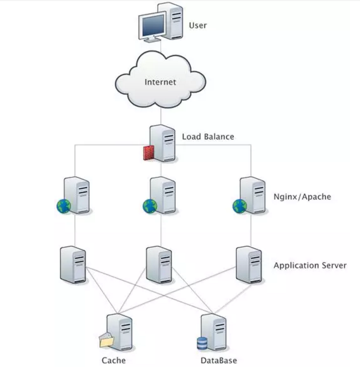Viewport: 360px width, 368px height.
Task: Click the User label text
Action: [197, 25]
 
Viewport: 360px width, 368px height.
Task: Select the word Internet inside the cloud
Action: [160, 82]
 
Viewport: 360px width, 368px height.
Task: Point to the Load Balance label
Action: [208, 137]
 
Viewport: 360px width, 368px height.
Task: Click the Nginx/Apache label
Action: [302, 196]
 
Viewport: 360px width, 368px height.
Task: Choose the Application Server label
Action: [310, 266]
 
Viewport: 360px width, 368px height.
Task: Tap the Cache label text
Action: [114, 360]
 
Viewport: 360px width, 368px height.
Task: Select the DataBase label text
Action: [219, 360]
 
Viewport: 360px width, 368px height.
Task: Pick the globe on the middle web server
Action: [149, 206]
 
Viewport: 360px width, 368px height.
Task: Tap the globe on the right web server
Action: [239, 206]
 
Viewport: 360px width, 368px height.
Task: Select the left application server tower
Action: [73, 264]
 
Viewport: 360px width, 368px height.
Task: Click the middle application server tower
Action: [160, 264]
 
